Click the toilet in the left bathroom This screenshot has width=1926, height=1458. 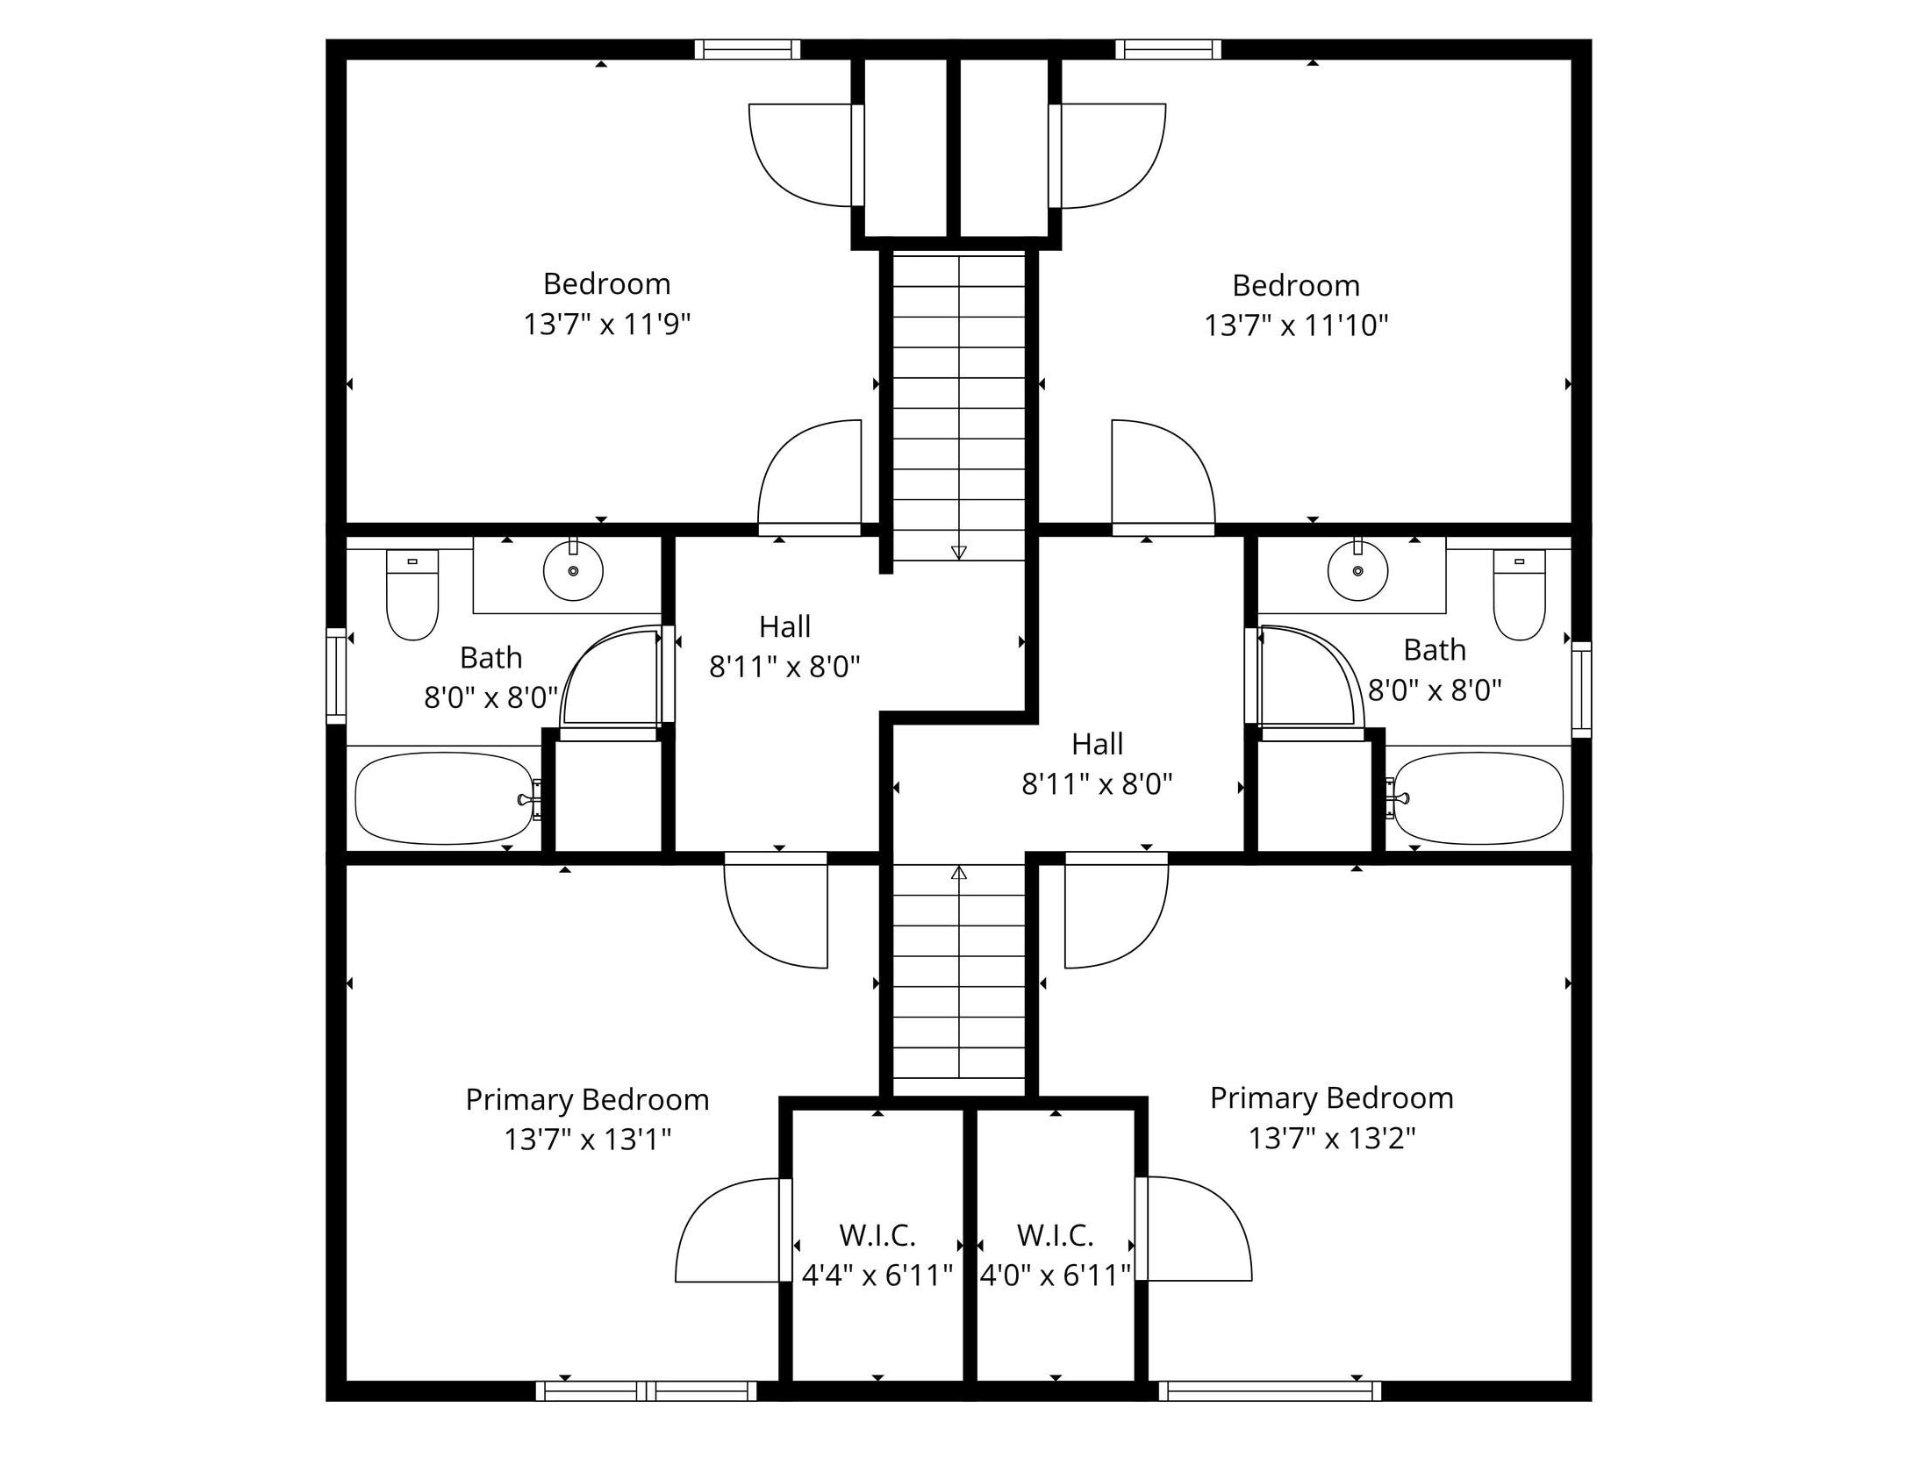412,596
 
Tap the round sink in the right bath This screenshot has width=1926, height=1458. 1357,571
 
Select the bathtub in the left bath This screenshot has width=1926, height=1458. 444,798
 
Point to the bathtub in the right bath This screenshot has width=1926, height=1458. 1479,798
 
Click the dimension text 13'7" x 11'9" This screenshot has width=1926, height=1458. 607,325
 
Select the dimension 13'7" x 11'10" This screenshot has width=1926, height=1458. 1296,326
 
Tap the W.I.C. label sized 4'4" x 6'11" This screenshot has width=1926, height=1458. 877,1236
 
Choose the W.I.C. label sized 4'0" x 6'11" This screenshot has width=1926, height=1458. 1055,1236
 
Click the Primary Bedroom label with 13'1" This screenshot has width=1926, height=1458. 587,1100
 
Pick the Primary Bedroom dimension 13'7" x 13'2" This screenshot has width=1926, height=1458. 1332,1139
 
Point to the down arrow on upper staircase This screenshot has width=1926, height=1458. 959,552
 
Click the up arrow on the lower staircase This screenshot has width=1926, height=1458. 959,873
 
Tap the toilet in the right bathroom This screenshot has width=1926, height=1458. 1520,596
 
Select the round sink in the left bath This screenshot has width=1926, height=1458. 573,571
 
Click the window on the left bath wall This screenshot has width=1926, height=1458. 336,675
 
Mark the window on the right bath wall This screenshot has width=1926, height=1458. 1581,690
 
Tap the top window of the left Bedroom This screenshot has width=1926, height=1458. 748,49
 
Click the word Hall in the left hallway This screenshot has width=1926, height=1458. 784,627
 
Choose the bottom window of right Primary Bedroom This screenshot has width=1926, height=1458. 1270,1391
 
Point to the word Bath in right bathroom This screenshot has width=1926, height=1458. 1435,650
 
